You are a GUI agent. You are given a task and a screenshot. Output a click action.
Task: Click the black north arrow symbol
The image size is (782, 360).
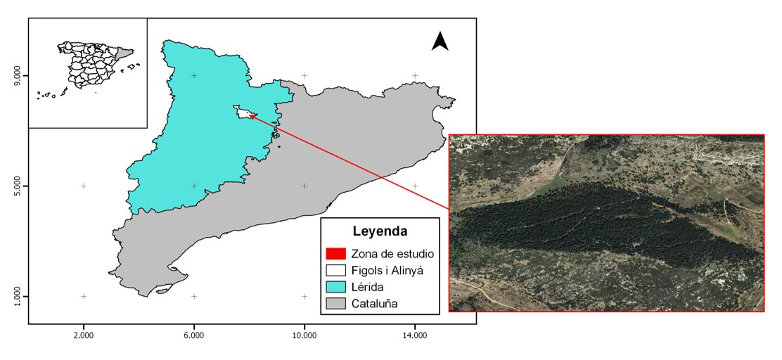coord(440,41)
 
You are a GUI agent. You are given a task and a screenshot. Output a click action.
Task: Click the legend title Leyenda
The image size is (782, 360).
coord(380,231)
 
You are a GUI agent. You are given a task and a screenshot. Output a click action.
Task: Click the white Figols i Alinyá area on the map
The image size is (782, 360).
coord(243,112)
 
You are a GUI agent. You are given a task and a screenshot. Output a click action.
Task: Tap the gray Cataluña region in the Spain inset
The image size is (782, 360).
coord(124,52)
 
